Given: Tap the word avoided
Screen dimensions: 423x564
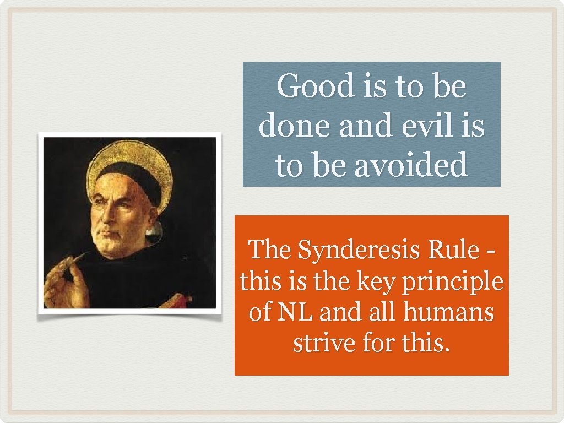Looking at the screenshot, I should point(410,165).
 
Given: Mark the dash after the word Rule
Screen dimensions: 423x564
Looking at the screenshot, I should point(491,252).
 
